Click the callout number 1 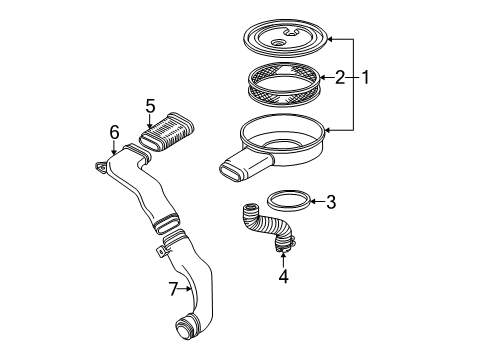click(x=366, y=76)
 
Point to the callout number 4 click(x=284, y=275)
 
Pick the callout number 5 click(x=150, y=106)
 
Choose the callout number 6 click(x=115, y=132)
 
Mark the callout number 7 click(x=173, y=290)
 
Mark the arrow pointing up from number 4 click(x=284, y=258)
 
